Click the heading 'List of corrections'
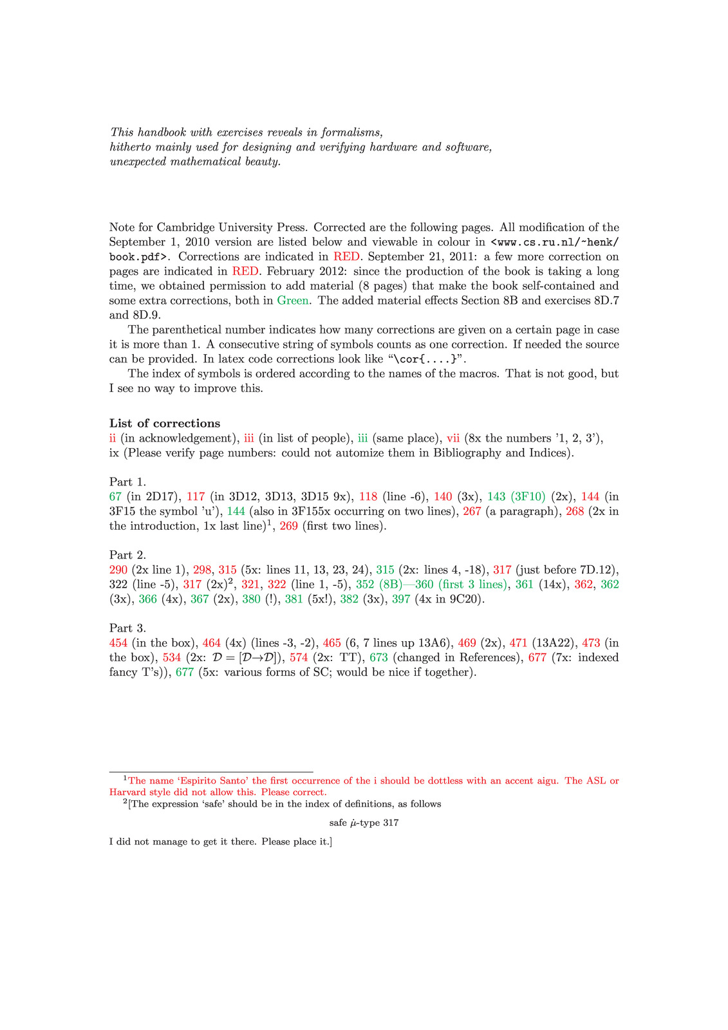click(x=165, y=423)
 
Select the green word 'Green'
click(x=292, y=301)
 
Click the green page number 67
click(x=116, y=496)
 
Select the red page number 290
click(x=119, y=570)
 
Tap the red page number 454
click(x=119, y=643)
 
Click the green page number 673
click(x=379, y=658)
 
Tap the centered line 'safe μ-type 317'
click(x=364, y=823)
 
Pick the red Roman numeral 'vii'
click(x=453, y=438)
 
